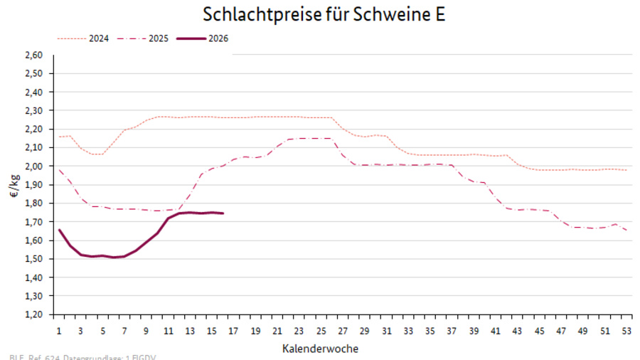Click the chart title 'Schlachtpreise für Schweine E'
[x=324, y=14]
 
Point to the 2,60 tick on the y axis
[x=34, y=55]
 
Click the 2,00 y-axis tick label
[x=34, y=166]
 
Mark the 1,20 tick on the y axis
[x=34, y=314]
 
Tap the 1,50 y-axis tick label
[x=34, y=258]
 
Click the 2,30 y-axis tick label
[x=34, y=110]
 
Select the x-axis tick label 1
[x=59, y=331]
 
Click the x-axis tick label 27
[x=342, y=331]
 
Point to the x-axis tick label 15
[x=211, y=331]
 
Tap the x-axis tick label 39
[x=472, y=331]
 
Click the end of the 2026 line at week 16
[x=223, y=213]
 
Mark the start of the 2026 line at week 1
[x=59, y=229]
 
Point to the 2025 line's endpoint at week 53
[x=625, y=230]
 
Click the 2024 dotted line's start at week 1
[x=59, y=137]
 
